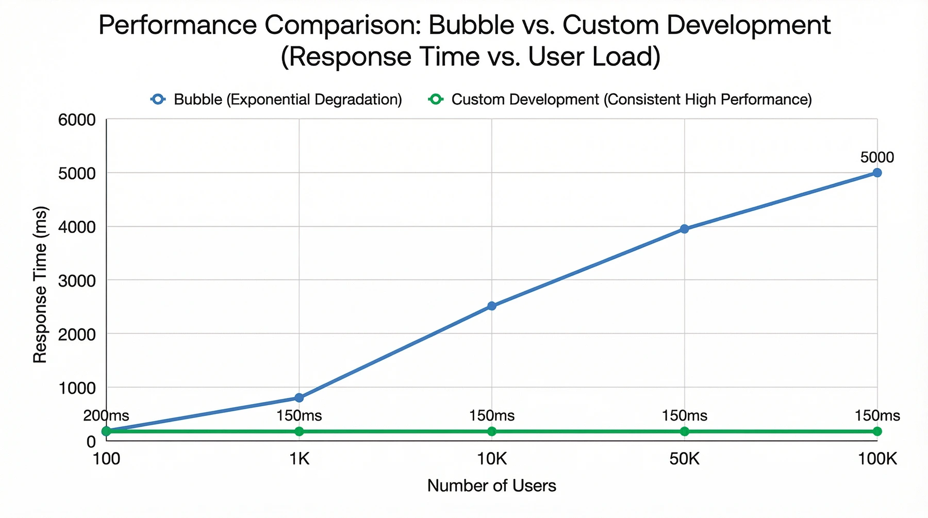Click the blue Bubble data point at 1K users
click(x=299, y=397)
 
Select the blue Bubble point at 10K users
click(x=492, y=306)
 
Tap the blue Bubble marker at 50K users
click(x=684, y=229)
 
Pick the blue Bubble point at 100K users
click(x=877, y=173)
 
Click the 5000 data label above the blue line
click(x=877, y=157)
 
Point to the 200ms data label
click(x=106, y=415)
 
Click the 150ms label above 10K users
click(x=492, y=415)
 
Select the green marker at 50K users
click(x=684, y=431)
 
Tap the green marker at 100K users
click(x=877, y=431)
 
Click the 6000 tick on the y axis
click(x=77, y=120)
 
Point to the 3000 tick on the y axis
click(x=77, y=281)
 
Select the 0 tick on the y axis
click(x=91, y=442)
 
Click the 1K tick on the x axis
click(x=299, y=459)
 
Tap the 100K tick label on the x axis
click(x=877, y=459)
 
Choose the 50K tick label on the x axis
click(x=684, y=459)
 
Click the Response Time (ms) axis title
click(x=40, y=285)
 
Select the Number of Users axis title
click(x=491, y=486)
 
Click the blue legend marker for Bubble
click(x=158, y=99)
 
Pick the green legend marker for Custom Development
click(x=436, y=99)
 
